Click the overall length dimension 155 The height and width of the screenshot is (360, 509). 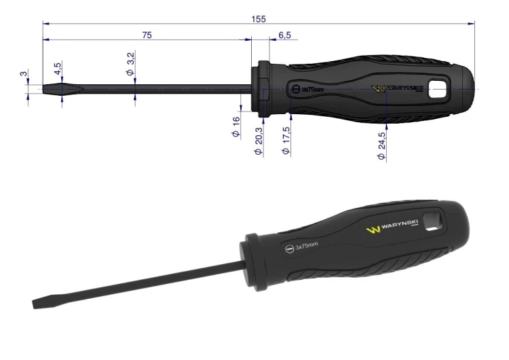[x=259, y=19]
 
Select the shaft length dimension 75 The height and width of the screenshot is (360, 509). [x=147, y=35]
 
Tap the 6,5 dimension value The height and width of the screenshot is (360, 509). [x=284, y=35]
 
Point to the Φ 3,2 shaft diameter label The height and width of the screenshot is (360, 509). [x=130, y=63]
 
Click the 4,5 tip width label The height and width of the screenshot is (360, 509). [x=58, y=69]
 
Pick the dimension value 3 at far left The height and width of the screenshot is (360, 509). [x=24, y=74]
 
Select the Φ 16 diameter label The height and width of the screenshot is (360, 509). [x=235, y=127]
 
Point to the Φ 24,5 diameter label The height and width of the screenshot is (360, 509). [x=381, y=145]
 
